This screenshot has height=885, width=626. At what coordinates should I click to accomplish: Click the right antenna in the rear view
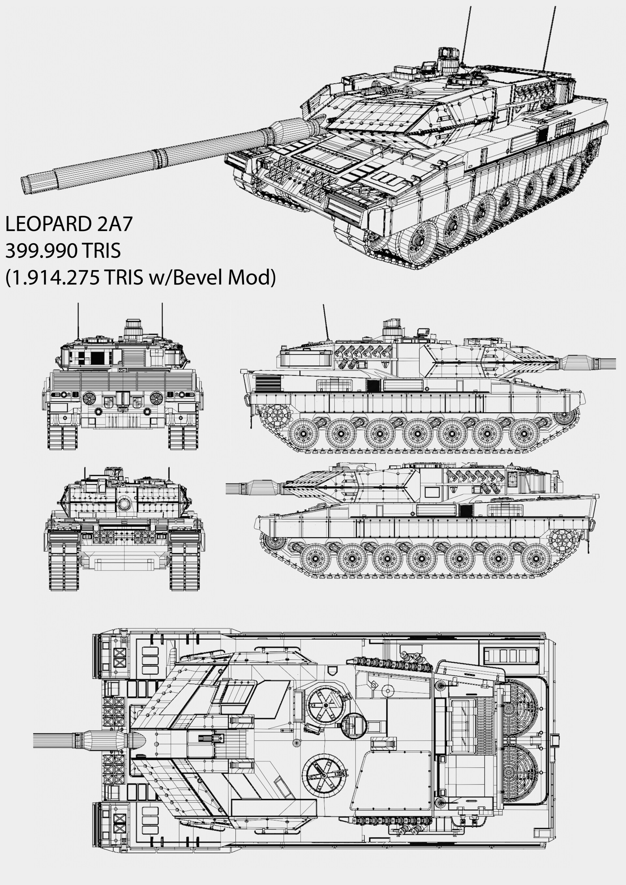tap(162, 320)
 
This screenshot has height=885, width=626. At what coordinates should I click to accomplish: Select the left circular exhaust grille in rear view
tap(89, 397)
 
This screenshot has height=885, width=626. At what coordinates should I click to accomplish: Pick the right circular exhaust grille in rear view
tap(156, 397)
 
